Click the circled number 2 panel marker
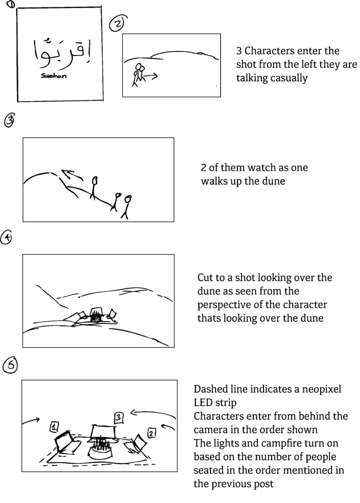click(117, 24)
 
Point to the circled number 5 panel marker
click(11, 364)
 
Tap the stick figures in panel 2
click(138, 74)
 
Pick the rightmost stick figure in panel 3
click(127, 206)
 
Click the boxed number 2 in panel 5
click(151, 432)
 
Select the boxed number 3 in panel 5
click(118, 418)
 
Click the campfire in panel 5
click(102, 449)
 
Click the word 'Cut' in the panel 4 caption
click(206, 278)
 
